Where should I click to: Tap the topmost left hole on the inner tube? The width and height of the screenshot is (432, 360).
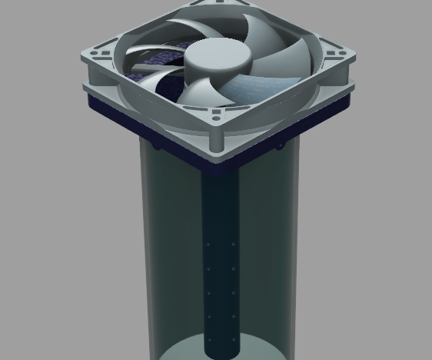pyautogui.click(x=208, y=244)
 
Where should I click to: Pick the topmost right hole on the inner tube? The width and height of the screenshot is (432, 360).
pyautogui.click(x=234, y=244)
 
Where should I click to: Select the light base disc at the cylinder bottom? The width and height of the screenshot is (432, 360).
pyautogui.click(x=184, y=352)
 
